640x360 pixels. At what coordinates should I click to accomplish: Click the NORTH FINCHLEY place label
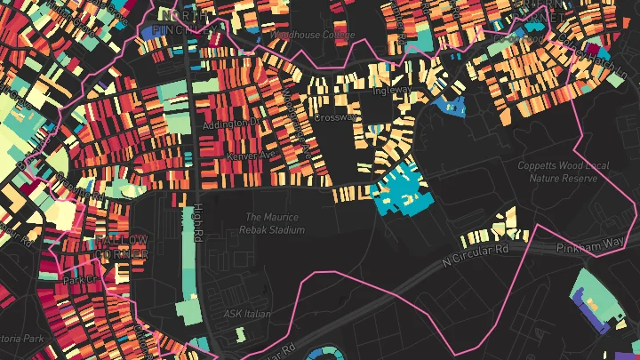[184, 22]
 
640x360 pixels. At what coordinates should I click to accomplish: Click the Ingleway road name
[393, 90]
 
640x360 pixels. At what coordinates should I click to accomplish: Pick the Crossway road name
[335, 116]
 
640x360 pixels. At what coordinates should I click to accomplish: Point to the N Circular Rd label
[476, 256]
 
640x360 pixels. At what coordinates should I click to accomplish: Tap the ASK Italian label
[247, 314]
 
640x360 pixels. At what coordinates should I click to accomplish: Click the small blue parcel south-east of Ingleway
[449, 108]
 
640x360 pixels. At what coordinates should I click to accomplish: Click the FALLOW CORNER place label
[122, 247]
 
